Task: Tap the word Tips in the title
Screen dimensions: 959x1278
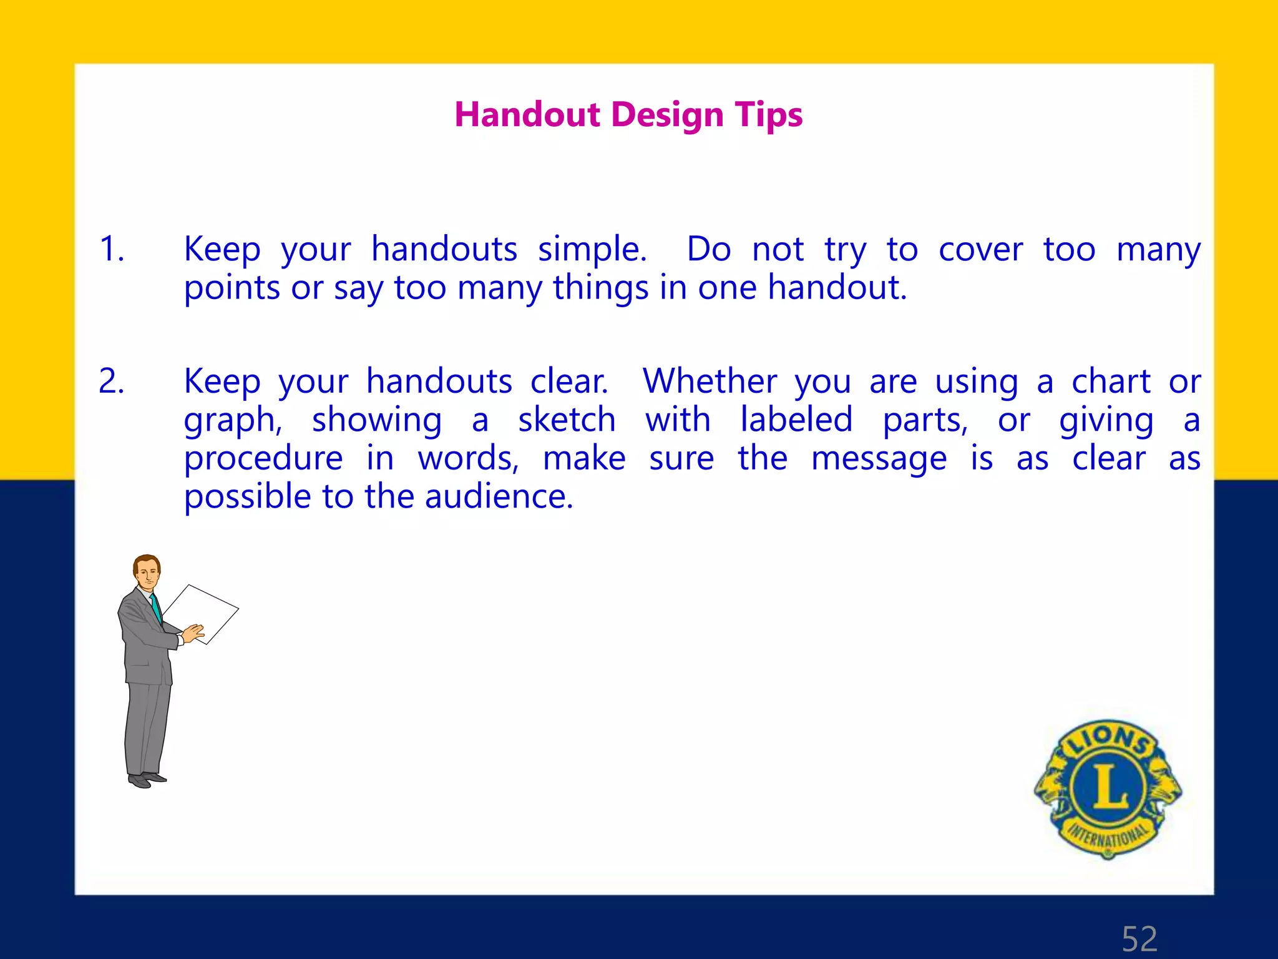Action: [768, 116]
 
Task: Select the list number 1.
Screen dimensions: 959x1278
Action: [112, 249]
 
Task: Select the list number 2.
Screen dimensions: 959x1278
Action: [112, 381]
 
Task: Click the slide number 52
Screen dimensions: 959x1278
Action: [1139, 938]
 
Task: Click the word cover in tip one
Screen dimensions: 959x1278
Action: [980, 250]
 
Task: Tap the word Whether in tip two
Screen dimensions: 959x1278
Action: [710, 381]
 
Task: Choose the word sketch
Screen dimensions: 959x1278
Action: [567, 420]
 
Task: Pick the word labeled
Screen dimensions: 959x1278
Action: [796, 420]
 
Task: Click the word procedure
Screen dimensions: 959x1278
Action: [263, 460]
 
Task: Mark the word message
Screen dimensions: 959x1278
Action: [879, 460]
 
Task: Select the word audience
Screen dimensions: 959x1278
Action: [499, 498]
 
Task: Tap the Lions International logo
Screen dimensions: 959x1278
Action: [1108, 789]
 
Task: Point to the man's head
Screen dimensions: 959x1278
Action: [148, 571]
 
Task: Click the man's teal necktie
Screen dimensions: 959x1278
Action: [157, 609]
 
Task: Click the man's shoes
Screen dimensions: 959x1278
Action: [147, 780]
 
